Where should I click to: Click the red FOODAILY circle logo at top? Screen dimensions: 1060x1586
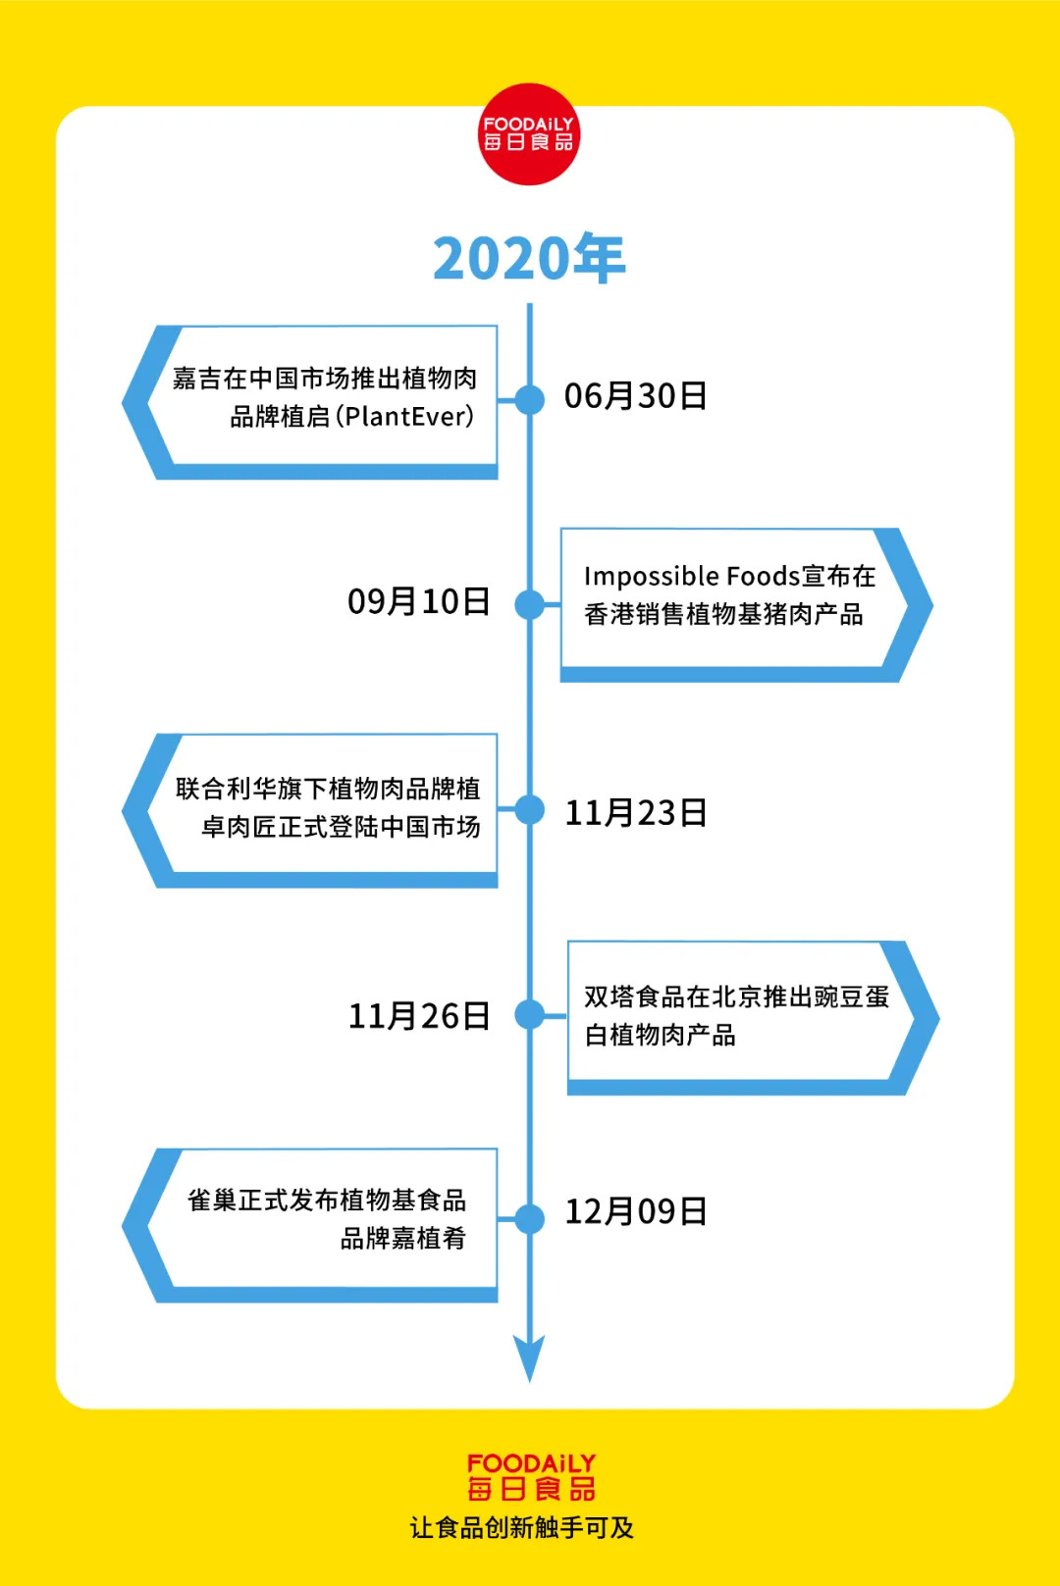[x=529, y=134]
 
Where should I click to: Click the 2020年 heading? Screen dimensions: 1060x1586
[x=529, y=259]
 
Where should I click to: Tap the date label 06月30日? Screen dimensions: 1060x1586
[x=635, y=396]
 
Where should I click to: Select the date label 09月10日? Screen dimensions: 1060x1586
[x=419, y=601]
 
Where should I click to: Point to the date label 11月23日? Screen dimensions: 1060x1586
[x=636, y=813]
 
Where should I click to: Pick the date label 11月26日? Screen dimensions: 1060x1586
[x=419, y=1016]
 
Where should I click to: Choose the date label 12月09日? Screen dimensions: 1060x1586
[x=636, y=1212]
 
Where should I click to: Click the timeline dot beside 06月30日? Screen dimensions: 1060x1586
[x=530, y=399]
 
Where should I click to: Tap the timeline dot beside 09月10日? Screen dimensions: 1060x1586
[x=530, y=605]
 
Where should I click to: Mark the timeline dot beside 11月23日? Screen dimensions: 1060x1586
[x=530, y=809]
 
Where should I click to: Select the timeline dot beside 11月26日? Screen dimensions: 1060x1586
[x=530, y=1014]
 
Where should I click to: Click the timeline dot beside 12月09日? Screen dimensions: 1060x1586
[x=530, y=1218]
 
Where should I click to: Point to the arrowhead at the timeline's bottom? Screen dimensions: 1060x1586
[x=530, y=1358]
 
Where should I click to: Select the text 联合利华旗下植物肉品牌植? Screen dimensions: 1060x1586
[x=328, y=789]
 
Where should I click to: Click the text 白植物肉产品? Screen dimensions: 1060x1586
[x=660, y=1035]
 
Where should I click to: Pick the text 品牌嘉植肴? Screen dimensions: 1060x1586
[x=402, y=1238]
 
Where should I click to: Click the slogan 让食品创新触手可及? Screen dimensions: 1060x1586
[x=522, y=1527]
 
